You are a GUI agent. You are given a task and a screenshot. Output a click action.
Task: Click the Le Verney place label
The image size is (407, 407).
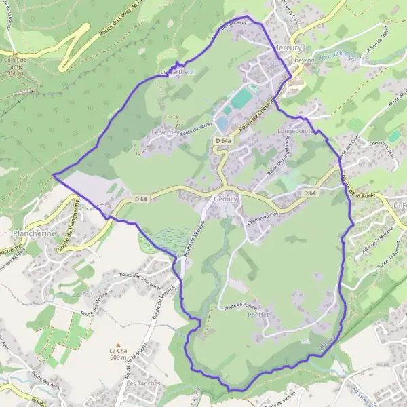click(165, 132)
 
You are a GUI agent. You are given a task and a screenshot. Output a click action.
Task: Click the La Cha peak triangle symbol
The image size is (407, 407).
click(118, 344)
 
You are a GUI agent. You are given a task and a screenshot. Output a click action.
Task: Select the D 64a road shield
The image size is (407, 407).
click(222, 141)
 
